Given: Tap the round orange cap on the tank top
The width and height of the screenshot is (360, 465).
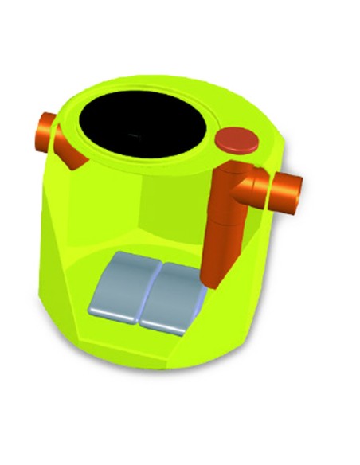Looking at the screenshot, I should click(x=238, y=139).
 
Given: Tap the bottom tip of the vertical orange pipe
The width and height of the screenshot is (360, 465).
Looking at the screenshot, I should click(x=211, y=282).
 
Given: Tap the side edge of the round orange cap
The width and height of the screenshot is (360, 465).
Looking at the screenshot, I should click(x=238, y=150).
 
